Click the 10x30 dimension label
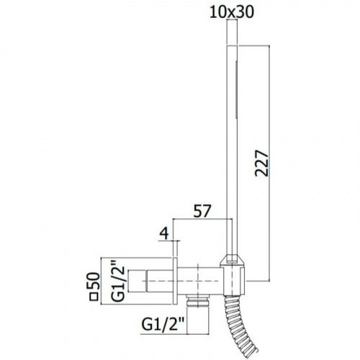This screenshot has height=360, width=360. click(x=232, y=12)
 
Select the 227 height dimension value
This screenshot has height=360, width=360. click(x=261, y=163)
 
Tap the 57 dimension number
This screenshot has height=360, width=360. click(x=202, y=211)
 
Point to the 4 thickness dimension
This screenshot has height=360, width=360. click(x=164, y=233)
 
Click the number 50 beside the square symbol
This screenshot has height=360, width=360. click(x=94, y=281)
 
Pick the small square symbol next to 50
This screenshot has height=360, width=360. click(x=94, y=297)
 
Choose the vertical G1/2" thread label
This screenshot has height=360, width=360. click(x=118, y=284)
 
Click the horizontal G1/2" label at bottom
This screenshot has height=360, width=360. click(x=163, y=325)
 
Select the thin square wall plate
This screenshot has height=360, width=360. click(x=175, y=281)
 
